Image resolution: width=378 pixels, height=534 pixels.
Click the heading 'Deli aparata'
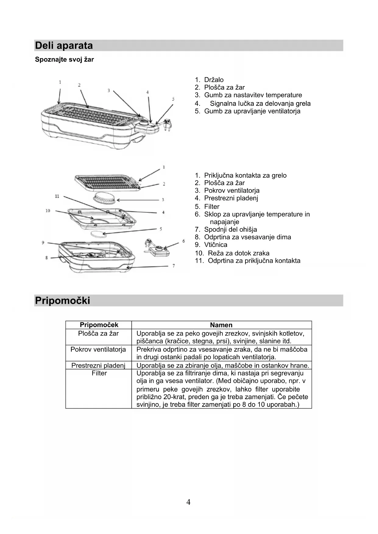[64, 46]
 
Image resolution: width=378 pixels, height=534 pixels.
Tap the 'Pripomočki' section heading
[62, 300]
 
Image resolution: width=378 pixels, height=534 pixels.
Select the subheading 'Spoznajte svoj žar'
[64, 60]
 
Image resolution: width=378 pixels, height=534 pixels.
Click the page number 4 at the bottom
[188, 502]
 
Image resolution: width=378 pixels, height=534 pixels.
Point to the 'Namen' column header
[221, 325]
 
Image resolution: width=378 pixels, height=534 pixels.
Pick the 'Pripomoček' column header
[99, 325]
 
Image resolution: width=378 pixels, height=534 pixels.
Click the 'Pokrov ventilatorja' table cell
[98, 350]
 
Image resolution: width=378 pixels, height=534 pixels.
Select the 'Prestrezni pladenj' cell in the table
[98, 365]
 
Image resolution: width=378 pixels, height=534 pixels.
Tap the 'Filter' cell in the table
[99, 373]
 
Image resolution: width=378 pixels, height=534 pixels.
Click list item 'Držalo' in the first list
[214, 80]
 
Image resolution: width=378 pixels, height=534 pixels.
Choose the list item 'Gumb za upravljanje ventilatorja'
[252, 111]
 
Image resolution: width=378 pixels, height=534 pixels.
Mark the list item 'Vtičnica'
[215, 245]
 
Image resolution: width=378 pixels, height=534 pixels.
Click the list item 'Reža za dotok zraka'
[238, 253]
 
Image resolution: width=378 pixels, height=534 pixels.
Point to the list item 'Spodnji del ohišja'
[230, 230]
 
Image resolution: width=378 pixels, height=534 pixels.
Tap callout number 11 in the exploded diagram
[57, 196]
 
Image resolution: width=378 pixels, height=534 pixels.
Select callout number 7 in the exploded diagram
[174, 266]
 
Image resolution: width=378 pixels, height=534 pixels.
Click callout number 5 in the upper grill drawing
[173, 99]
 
